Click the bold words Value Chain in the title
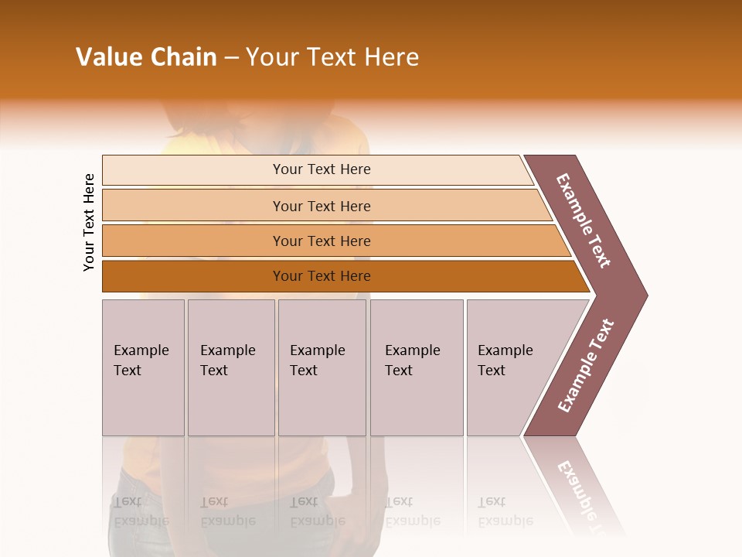click(146, 57)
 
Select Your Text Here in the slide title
click(332, 57)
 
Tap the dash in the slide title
click(231, 58)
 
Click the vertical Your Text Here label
click(90, 222)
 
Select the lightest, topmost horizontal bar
click(322, 169)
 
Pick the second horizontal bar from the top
click(322, 206)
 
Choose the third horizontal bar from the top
click(322, 241)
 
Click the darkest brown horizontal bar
click(322, 276)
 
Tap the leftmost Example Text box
click(143, 367)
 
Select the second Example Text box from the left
click(231, 367)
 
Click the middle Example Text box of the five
click(322, 367)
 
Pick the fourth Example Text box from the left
click(417, 367)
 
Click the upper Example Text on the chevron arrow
click(584, 220)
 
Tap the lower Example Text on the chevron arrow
click(586, 365)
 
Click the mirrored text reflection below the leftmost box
click(141, 511)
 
